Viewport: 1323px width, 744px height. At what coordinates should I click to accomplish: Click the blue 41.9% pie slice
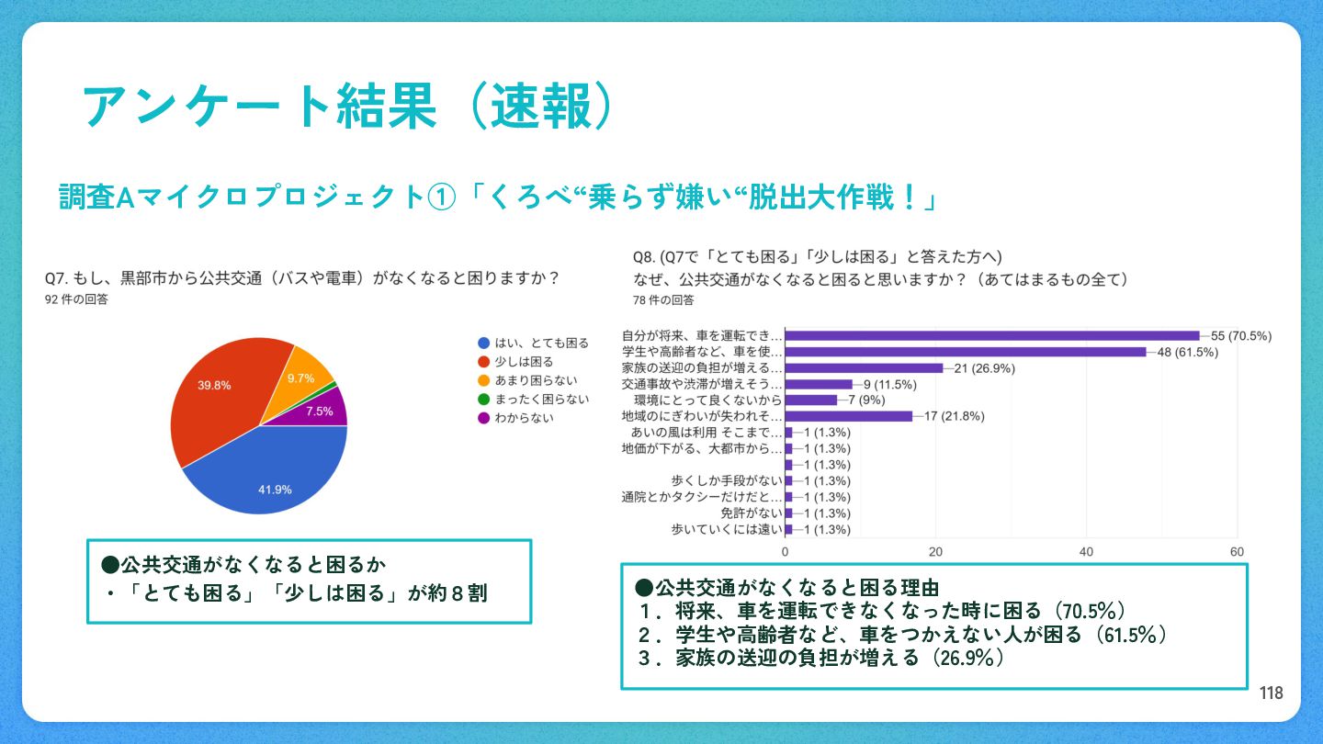(x=266, y=473)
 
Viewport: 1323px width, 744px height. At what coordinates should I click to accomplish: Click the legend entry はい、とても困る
(x=533, y=343)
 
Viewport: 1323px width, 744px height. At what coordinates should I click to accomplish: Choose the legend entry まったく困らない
(x=533, y=399)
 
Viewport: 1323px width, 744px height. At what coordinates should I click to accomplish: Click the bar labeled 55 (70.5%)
(x=992, y=336)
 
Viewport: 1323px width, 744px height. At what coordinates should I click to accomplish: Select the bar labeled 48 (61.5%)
(x=966, y=352)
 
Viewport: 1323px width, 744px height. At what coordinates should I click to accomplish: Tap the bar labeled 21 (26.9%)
(x=864, y=368)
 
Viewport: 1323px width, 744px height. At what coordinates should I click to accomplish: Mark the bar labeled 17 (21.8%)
(x=849, y=416)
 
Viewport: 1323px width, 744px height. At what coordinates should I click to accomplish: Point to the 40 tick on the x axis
(x=1086, y=551)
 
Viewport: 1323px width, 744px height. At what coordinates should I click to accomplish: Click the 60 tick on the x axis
(x=1237, y=551)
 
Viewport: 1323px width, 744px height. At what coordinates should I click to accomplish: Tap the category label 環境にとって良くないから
(x=707, y=400)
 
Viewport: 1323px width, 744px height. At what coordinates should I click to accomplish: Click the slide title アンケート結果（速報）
(x=346, y=107)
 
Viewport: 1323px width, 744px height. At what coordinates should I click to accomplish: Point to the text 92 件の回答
(x=76, y=299)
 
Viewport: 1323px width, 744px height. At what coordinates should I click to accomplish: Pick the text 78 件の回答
(x=663, y=300)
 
